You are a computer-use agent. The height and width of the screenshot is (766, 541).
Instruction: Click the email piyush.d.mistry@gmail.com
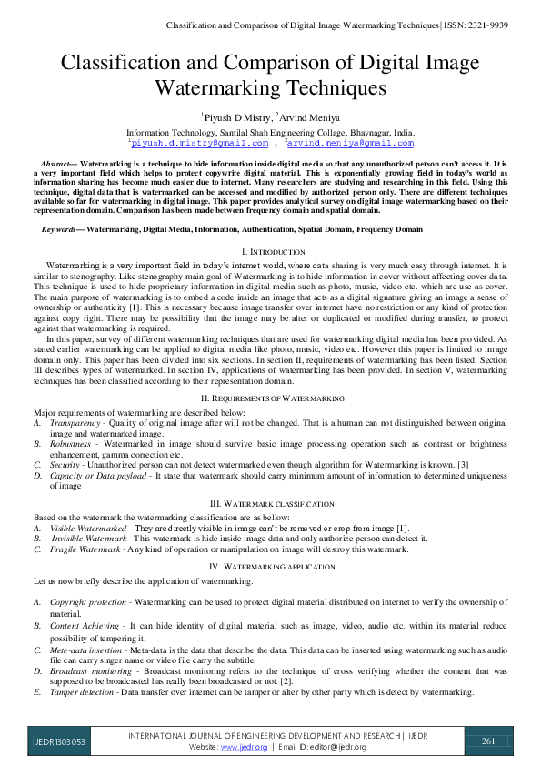coord(199,143)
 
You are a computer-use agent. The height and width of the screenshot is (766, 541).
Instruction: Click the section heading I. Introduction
coord(270,250)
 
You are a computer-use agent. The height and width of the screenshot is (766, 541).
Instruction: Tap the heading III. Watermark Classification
coord(270,502)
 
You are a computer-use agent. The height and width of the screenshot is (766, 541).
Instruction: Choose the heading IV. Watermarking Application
coord(270,566)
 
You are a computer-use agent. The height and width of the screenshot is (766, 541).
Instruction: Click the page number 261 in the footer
coord(488,741)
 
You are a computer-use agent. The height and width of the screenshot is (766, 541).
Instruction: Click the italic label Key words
coord(60,230)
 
